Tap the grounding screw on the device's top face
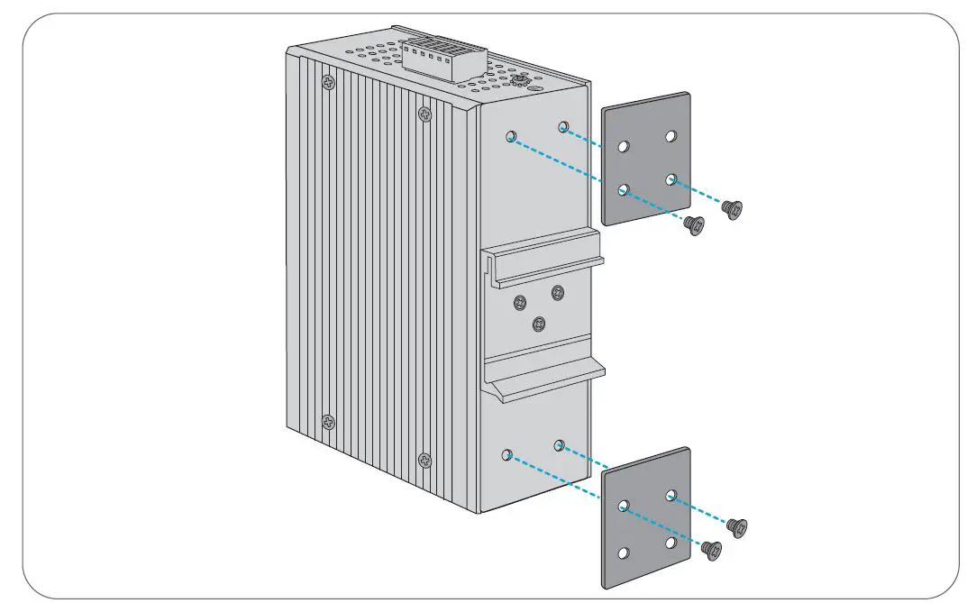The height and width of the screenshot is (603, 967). [519, 81]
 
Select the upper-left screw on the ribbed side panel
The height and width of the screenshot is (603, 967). [326, 82]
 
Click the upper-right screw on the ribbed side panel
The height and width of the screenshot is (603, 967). [424, 114]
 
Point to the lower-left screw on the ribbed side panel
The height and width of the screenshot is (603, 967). [328, 422]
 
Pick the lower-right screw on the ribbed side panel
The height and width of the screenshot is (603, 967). [425, 460]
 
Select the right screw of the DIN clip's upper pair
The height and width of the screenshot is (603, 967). [558, 292]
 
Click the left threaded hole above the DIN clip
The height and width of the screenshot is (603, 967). [511, 137]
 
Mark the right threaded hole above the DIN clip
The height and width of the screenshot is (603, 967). [563, 126]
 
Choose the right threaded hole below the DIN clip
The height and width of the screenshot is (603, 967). [560, 444]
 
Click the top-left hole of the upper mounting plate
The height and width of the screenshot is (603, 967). [623, 147]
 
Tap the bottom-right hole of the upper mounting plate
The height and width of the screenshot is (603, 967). [671, 179]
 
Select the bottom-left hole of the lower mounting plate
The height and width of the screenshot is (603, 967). [623, 553]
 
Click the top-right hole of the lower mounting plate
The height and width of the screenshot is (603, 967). [671, 496]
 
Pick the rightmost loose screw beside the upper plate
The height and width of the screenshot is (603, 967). [734, 209]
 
